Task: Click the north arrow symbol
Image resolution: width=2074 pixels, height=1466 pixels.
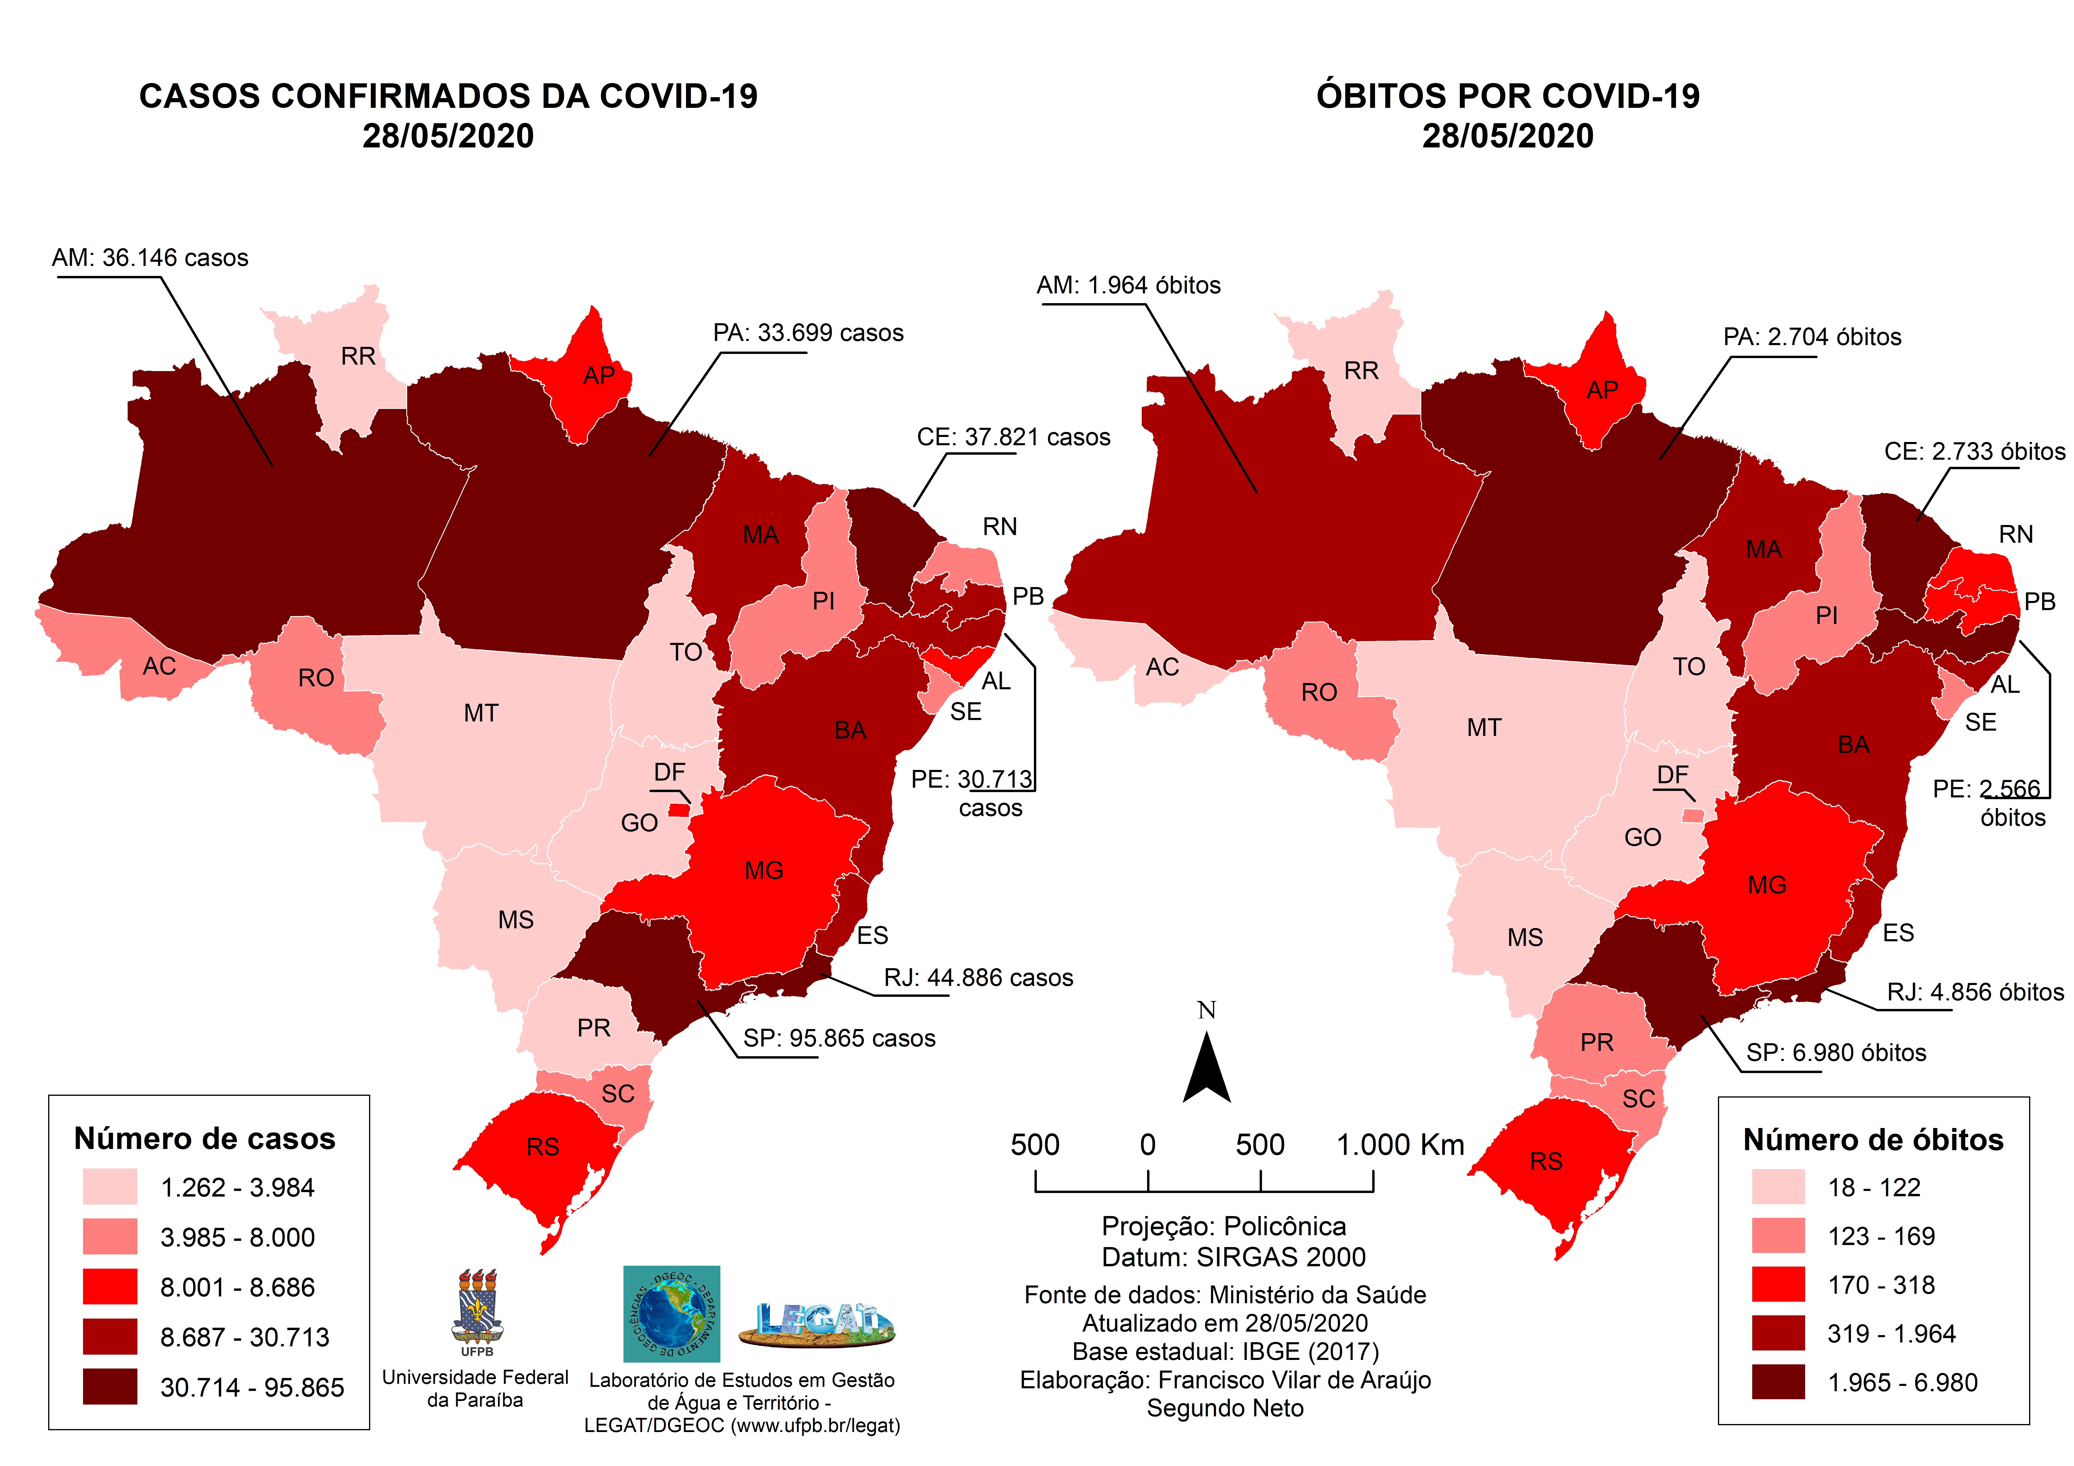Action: click(x=1207, y=1070)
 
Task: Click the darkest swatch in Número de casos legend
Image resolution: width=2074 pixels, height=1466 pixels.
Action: click(x=110, y=1387)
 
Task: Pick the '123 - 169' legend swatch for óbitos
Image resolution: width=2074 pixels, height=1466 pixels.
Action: click(x=1778, y=1236)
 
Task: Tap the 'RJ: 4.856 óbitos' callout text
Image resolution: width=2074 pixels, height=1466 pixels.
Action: click(x=1975, y=992)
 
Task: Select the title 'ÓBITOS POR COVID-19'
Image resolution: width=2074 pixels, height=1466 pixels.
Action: click(x=1508, y=96)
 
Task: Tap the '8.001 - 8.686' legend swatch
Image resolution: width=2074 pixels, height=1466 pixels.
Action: click(x=110, y=1286)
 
